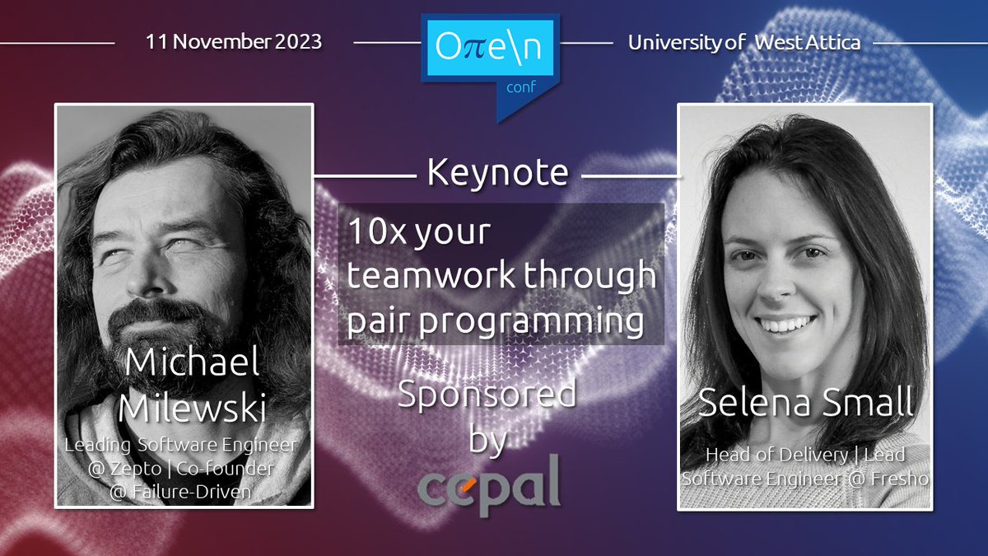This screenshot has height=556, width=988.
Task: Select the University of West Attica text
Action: pos(743,43)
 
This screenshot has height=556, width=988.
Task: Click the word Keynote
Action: pos(497,173)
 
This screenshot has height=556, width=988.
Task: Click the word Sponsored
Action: pos(487,394)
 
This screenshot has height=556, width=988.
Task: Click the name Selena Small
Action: pos(805,404)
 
